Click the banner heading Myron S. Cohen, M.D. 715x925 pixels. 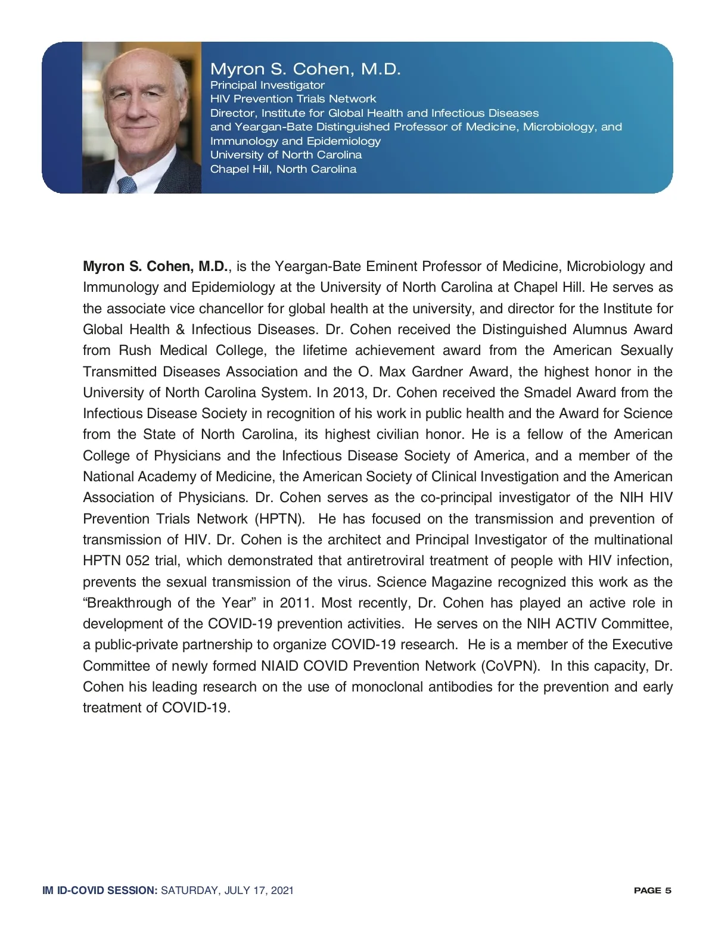coord(305,69)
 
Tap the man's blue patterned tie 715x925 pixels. coord(127,185)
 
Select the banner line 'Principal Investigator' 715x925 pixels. coord(267,85)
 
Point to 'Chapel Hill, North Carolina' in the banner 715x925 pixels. coord(283,169)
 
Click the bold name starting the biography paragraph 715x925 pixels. coord(156,266)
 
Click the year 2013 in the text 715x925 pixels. coord(348,393)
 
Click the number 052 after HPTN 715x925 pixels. coord(138,560)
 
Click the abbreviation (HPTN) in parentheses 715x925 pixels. coord(279,519)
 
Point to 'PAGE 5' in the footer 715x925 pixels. coord(652,890)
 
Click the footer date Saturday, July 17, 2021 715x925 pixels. coord(227,890)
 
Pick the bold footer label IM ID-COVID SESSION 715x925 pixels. coord(100,890)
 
